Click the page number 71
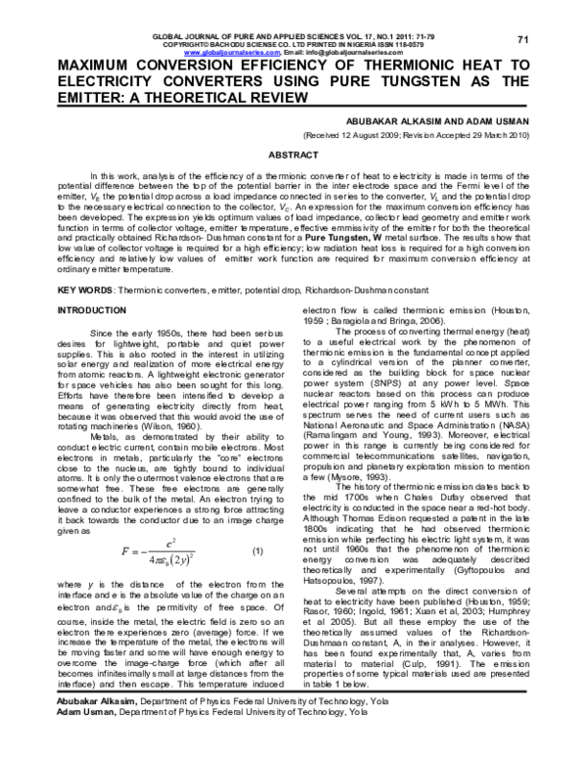pyautogui.click(x=522, y=38)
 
